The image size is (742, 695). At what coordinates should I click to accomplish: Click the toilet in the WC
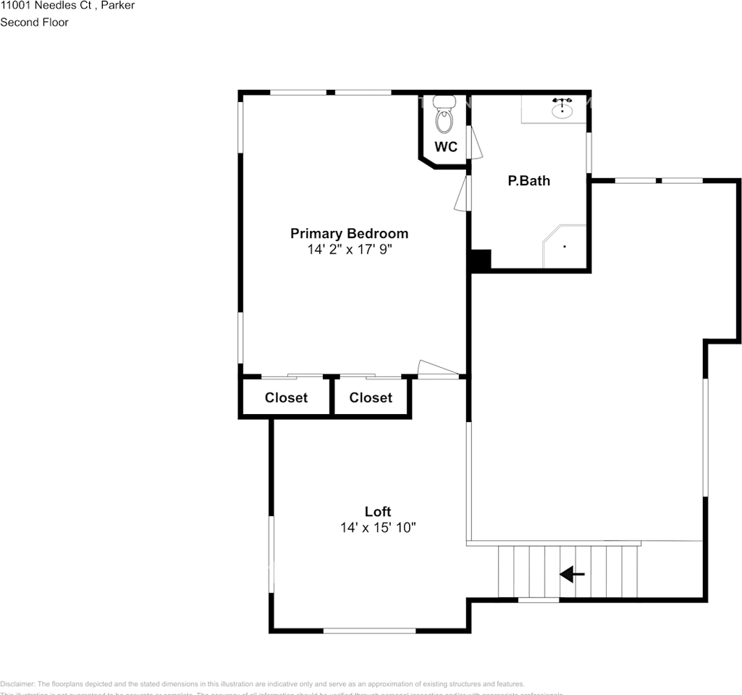[444, 116]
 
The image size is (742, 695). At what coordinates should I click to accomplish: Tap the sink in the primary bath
[562, 109]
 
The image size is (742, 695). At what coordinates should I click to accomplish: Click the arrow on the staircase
[573, 575]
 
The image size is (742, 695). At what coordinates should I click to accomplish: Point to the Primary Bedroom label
[349, 233]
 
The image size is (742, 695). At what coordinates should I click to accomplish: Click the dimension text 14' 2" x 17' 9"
[349, 250]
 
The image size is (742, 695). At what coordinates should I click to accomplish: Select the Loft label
[378, 512]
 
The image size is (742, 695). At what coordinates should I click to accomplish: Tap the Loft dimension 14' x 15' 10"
[378, 528]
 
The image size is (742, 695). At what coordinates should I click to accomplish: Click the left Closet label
[286, 397]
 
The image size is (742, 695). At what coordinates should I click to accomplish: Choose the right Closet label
[371, 397]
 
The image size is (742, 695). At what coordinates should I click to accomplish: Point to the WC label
[446, 147]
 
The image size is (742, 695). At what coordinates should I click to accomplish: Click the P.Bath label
[528, 181]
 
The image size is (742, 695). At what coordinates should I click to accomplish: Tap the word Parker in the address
[117, 6]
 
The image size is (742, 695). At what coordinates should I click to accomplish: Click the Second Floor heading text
[34, 22]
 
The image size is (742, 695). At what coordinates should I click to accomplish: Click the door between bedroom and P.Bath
[461, 194]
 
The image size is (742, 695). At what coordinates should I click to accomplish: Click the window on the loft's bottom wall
[369, 631]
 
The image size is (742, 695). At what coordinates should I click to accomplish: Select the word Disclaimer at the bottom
[17, 684]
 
